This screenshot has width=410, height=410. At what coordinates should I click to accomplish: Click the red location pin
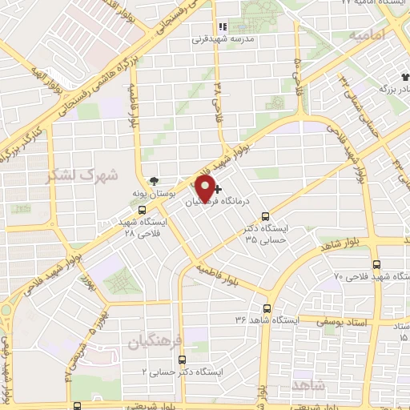point(205,188)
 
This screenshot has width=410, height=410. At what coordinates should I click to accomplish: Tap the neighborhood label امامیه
point(368,35)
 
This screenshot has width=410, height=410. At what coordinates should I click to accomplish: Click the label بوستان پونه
point(149,194)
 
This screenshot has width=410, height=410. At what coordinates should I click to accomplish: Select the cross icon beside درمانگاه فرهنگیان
point(219,190)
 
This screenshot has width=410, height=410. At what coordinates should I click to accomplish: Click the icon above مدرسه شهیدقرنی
point(223,26)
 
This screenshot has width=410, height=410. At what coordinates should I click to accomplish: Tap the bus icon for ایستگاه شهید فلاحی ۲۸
point(142,210)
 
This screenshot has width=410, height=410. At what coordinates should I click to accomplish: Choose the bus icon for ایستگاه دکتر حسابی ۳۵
point(267,215)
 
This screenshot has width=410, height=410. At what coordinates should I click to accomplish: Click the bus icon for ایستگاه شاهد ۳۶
point(267,308)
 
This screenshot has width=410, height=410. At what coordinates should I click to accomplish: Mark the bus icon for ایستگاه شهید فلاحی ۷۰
point(376,264)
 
